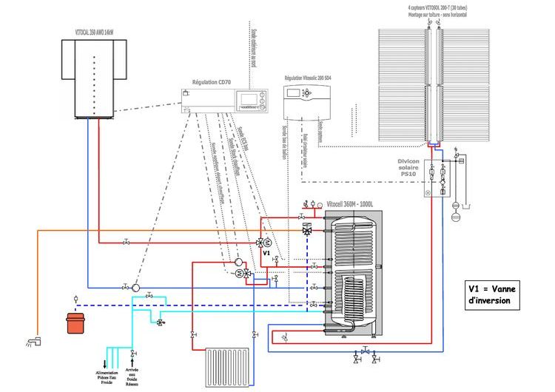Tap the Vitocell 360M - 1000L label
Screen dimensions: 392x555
352,203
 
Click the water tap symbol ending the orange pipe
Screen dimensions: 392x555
31,341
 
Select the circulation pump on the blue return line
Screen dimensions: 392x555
135,287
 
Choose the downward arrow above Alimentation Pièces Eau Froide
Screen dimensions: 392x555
107,361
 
